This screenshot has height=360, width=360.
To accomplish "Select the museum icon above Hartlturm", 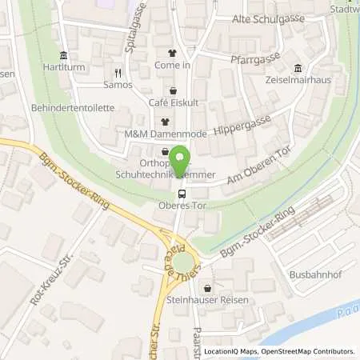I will tap(62, 54).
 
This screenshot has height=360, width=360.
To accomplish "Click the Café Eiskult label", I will tap(174, 103).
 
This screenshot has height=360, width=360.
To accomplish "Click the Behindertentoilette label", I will tap(74, 107).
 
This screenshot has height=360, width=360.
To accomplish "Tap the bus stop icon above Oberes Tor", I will tap(182, 193).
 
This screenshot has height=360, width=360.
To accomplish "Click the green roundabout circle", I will tap(183, 262).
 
